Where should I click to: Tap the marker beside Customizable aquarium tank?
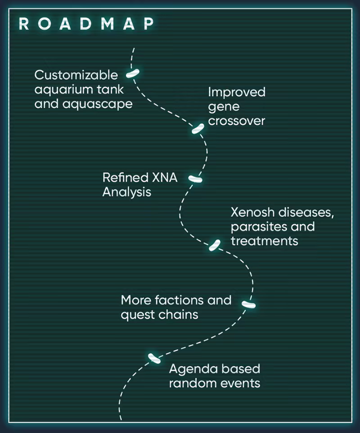click(x=133, y=73)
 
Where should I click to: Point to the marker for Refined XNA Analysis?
click(x=195, y=179)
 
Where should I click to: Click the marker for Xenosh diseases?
click(x=215, y=245)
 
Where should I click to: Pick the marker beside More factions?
click(x=248, y=305)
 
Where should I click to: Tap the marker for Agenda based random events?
click(x=154, y=358)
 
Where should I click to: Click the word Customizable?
click(x=76, y=75)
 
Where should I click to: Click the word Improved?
click(x=237, y=92)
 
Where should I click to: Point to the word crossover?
click(x=236, y=121)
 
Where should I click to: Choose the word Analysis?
click(x=126, y=192)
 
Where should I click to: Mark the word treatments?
click(x=265, y=241)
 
